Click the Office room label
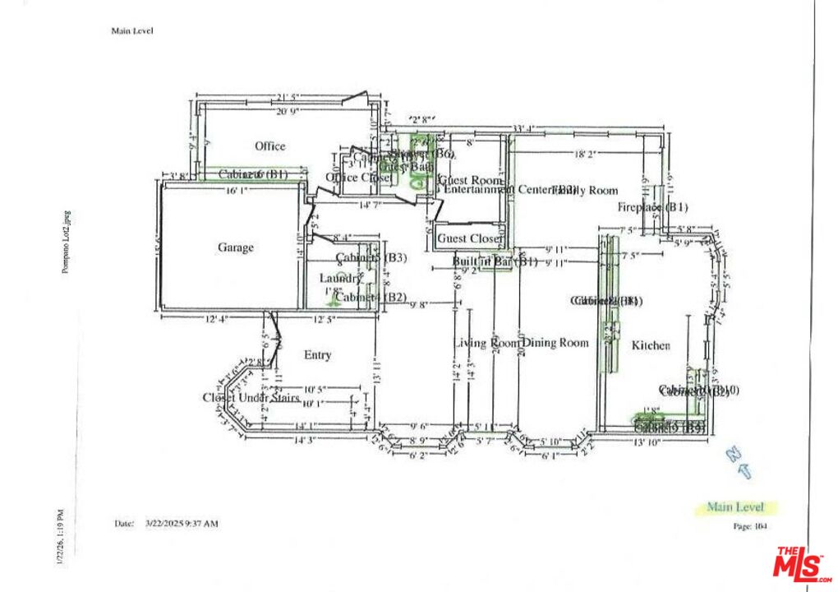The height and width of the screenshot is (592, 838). tap(269, 146)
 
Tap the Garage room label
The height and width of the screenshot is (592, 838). tap(236, 247)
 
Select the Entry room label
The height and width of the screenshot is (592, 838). tap(318, 355)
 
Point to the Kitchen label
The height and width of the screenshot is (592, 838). tap(651, 346)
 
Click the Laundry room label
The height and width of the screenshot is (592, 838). tap(340, 279)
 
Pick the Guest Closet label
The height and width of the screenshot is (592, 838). tap(468, 238)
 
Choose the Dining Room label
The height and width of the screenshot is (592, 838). tap(556, 343)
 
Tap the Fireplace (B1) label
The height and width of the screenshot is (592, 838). tap(653, 207)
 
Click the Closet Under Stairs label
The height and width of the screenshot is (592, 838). tap(251, 398)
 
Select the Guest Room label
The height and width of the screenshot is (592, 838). tap(470, 180)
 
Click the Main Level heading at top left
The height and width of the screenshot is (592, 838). tap(132, 31)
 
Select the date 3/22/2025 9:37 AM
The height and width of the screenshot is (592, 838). tap(182, 523)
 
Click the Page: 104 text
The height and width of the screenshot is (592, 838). tap(748, 526)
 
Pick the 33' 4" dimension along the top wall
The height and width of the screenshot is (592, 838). tap(523, 128)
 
